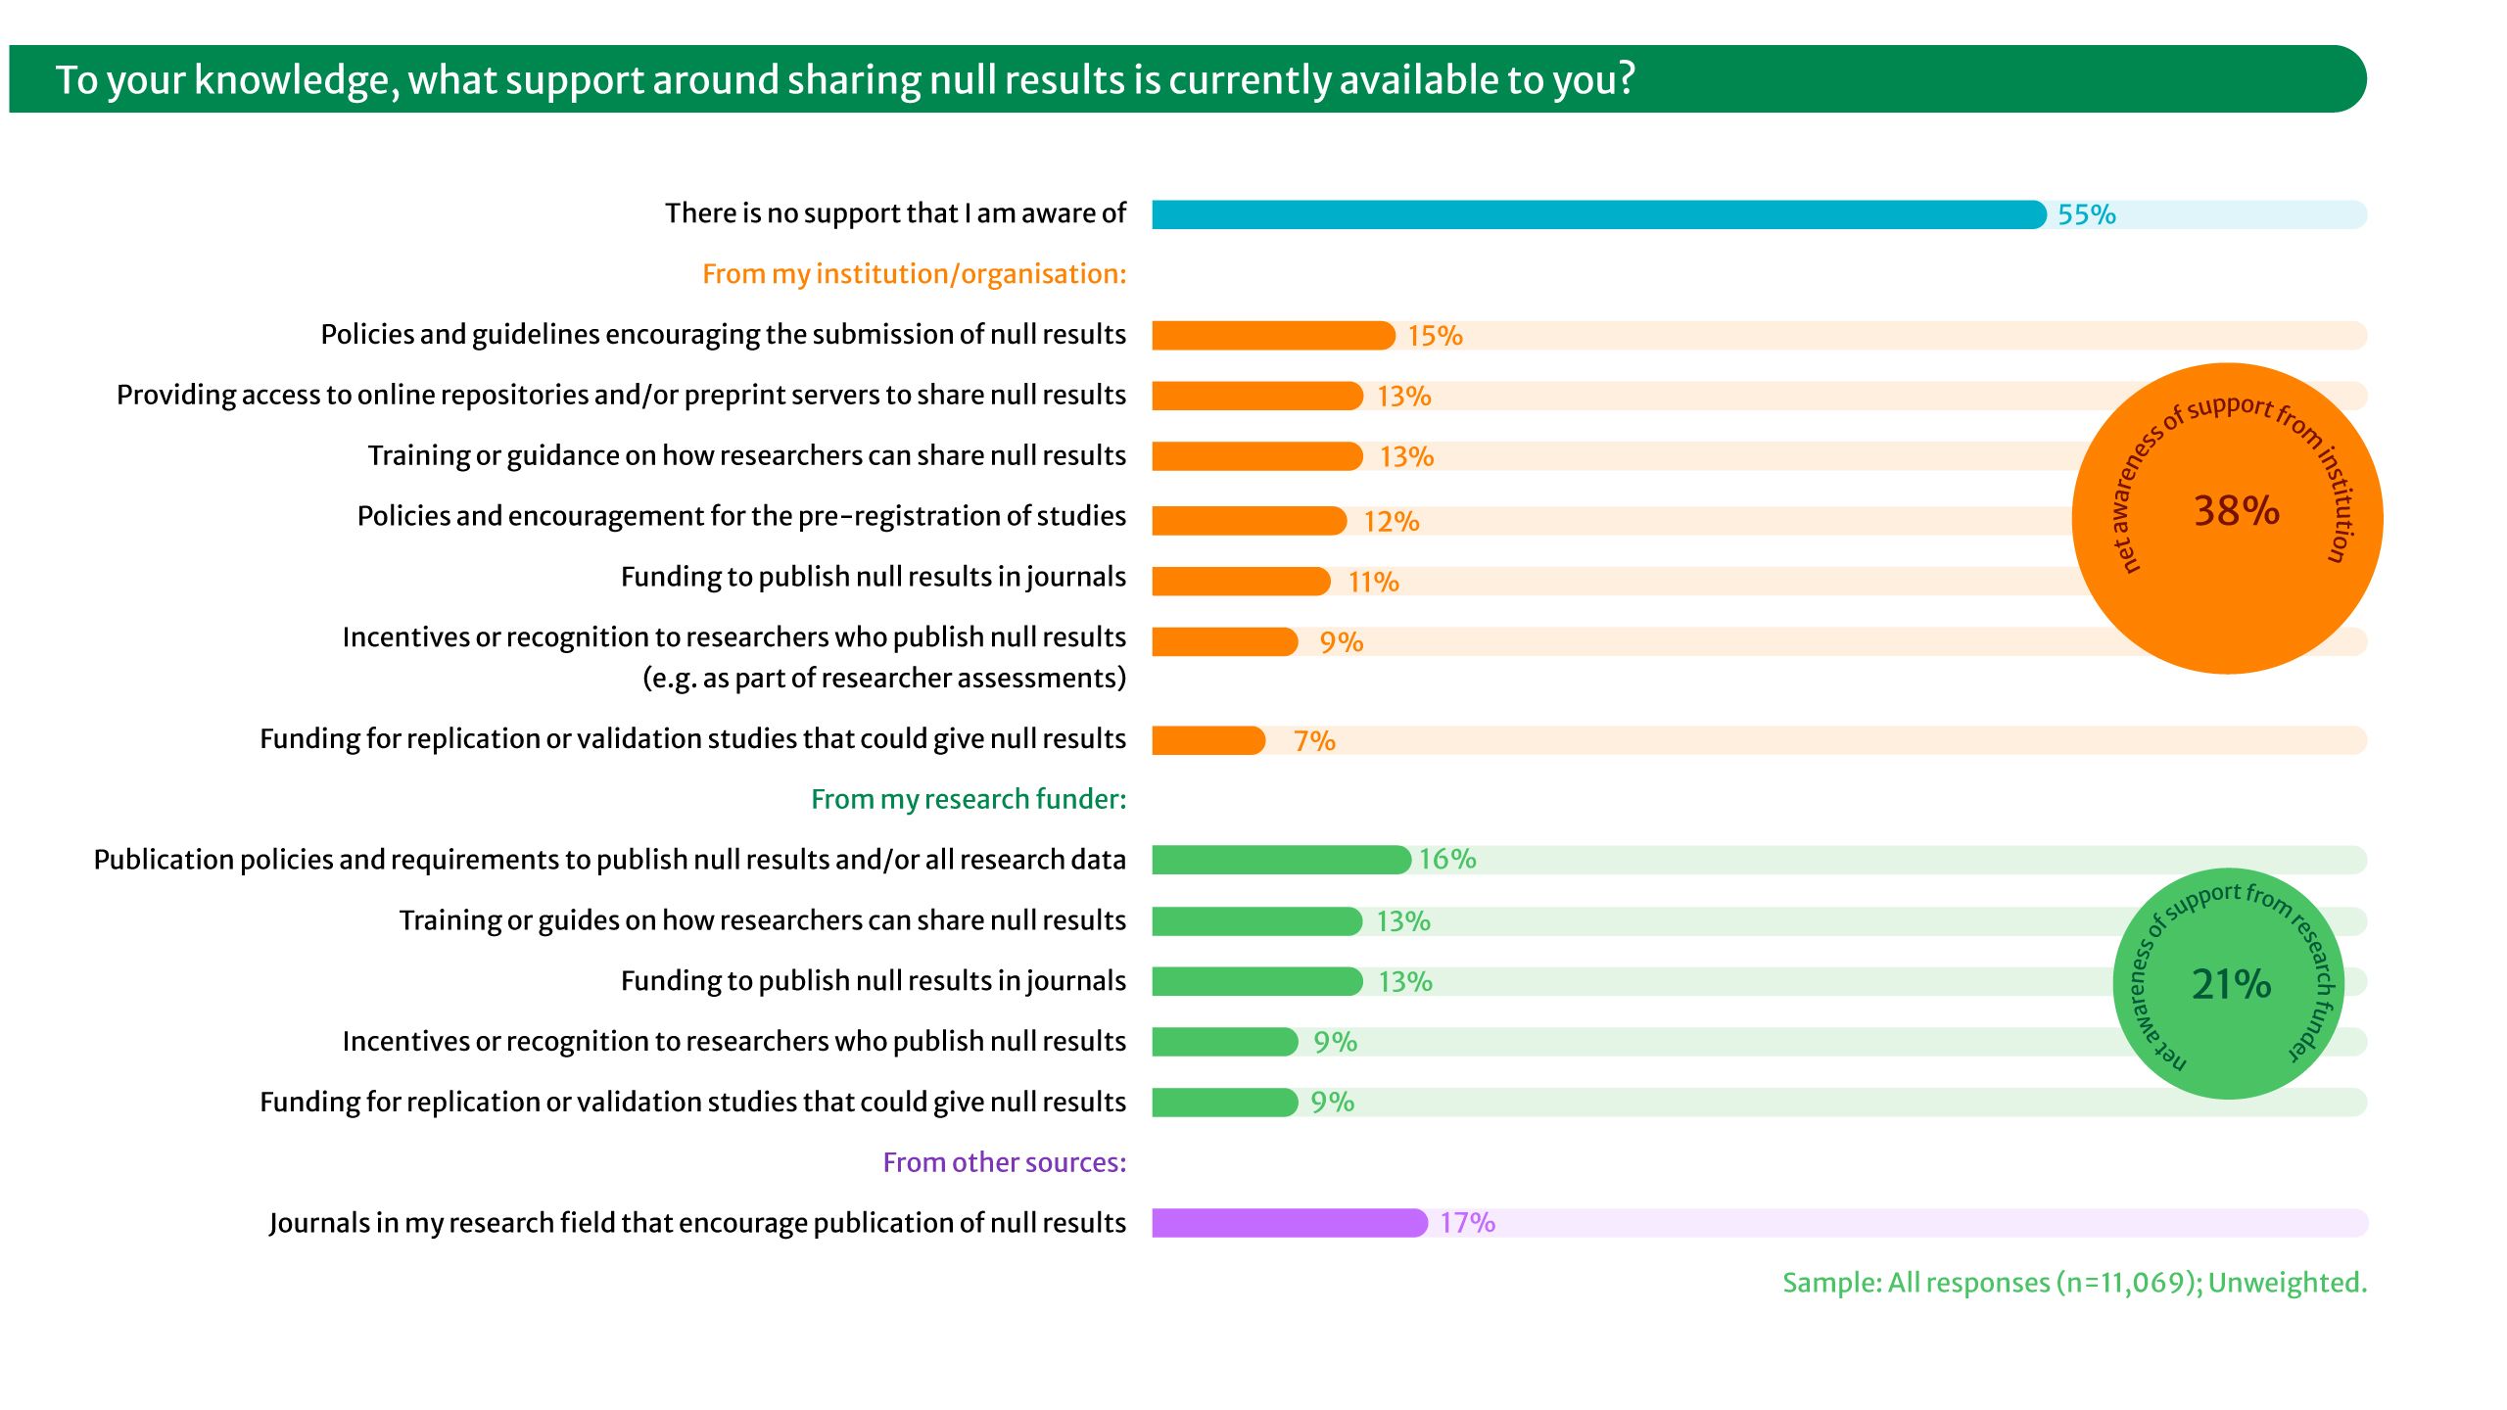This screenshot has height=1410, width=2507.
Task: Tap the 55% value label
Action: [x=2086, y=214]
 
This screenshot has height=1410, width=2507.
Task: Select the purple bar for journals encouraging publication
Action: [x=1289, y=1223]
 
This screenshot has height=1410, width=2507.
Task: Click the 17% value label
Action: [x=1467, y=1223]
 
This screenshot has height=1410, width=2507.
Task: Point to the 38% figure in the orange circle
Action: [x=2236, y=511]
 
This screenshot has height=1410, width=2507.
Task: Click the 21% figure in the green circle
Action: [x=2231, y=984]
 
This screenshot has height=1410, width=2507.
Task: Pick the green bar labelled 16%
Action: [x=1281, y=860]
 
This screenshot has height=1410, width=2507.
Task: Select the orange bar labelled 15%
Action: [x=1273, y=336]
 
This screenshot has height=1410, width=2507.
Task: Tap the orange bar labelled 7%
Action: [x=1208, y=740]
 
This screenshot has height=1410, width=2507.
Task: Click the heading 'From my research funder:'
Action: [x=969, y=799]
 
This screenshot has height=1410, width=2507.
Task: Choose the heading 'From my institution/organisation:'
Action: [x=914, y=274]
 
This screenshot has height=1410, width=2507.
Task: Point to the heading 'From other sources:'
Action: [x=1004, y=1162]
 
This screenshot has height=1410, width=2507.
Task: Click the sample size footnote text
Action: [x=2074, y=1283]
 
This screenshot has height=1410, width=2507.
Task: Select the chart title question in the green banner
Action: [x=845, y=79]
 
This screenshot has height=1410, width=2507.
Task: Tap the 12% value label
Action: [x=1391, y=522]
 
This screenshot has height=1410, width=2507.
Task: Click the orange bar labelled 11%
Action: [x=1241, y=582]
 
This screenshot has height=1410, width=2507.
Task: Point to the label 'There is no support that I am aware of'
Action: [x=895, y=213]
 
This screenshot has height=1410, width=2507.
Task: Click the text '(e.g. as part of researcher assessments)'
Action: [x=883, y=678]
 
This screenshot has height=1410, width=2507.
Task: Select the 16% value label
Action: [x=1447, y=860]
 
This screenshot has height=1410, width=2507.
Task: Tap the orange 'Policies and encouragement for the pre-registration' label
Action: [x=741, y=516]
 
